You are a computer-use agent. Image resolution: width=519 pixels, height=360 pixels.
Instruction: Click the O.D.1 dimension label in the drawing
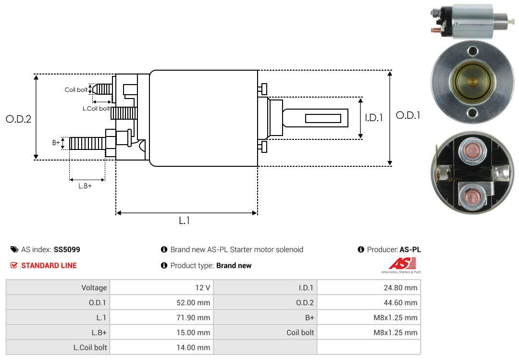click(x=408, y=115)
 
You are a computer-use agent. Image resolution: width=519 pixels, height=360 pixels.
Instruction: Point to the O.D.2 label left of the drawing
click(x=19, y=119)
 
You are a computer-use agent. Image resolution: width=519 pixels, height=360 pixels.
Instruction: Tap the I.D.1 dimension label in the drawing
click(x=374, y=118)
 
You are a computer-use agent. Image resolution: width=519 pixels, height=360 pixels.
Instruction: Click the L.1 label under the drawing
click(x=185, y=220)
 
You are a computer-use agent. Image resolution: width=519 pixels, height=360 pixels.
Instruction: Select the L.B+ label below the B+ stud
click(x=85, y=186)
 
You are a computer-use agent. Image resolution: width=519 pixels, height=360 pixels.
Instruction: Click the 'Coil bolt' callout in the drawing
click(x=76, y=90)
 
